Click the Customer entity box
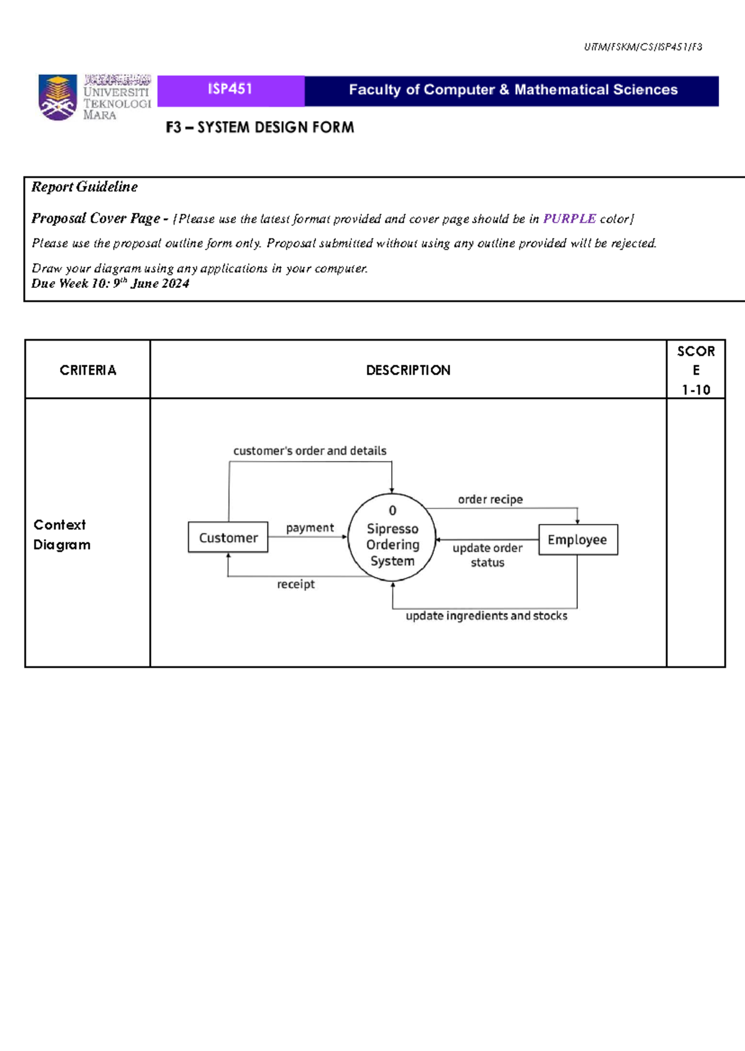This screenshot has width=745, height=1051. click(x=228, y=537)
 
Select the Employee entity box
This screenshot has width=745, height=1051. click(x=577, y=540)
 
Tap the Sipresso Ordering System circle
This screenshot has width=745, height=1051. click(x=392, y=537)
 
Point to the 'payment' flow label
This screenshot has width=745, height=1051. click(x=310, y=528)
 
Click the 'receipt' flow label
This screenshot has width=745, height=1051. click(x=296, y=584)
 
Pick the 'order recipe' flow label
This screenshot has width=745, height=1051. click(x=490, y=499)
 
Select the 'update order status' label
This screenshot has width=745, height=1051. click(x=487, y=555)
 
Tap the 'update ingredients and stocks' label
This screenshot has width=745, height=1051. click(x=486, y=616)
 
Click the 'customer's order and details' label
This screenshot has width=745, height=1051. click(x=310, y=451)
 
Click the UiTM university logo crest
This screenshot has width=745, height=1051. click(x=58, y=97)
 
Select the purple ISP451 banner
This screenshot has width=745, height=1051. click(x=230, y=90)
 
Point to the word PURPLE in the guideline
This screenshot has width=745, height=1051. click(x=569, y=219)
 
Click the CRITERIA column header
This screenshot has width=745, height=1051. click(x=88, y=370)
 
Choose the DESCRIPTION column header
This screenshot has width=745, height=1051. click(x=408, y=370)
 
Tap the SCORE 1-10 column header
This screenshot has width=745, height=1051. click(x=695, y=370)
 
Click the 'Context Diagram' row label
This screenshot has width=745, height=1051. click(x=61, y=535)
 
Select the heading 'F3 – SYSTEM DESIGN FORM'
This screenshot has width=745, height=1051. click(x=260, y=128)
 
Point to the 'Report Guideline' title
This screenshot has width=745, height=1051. click(x=84, y=187)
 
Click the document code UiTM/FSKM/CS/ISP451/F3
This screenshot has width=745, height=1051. click(x=643, y=47)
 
